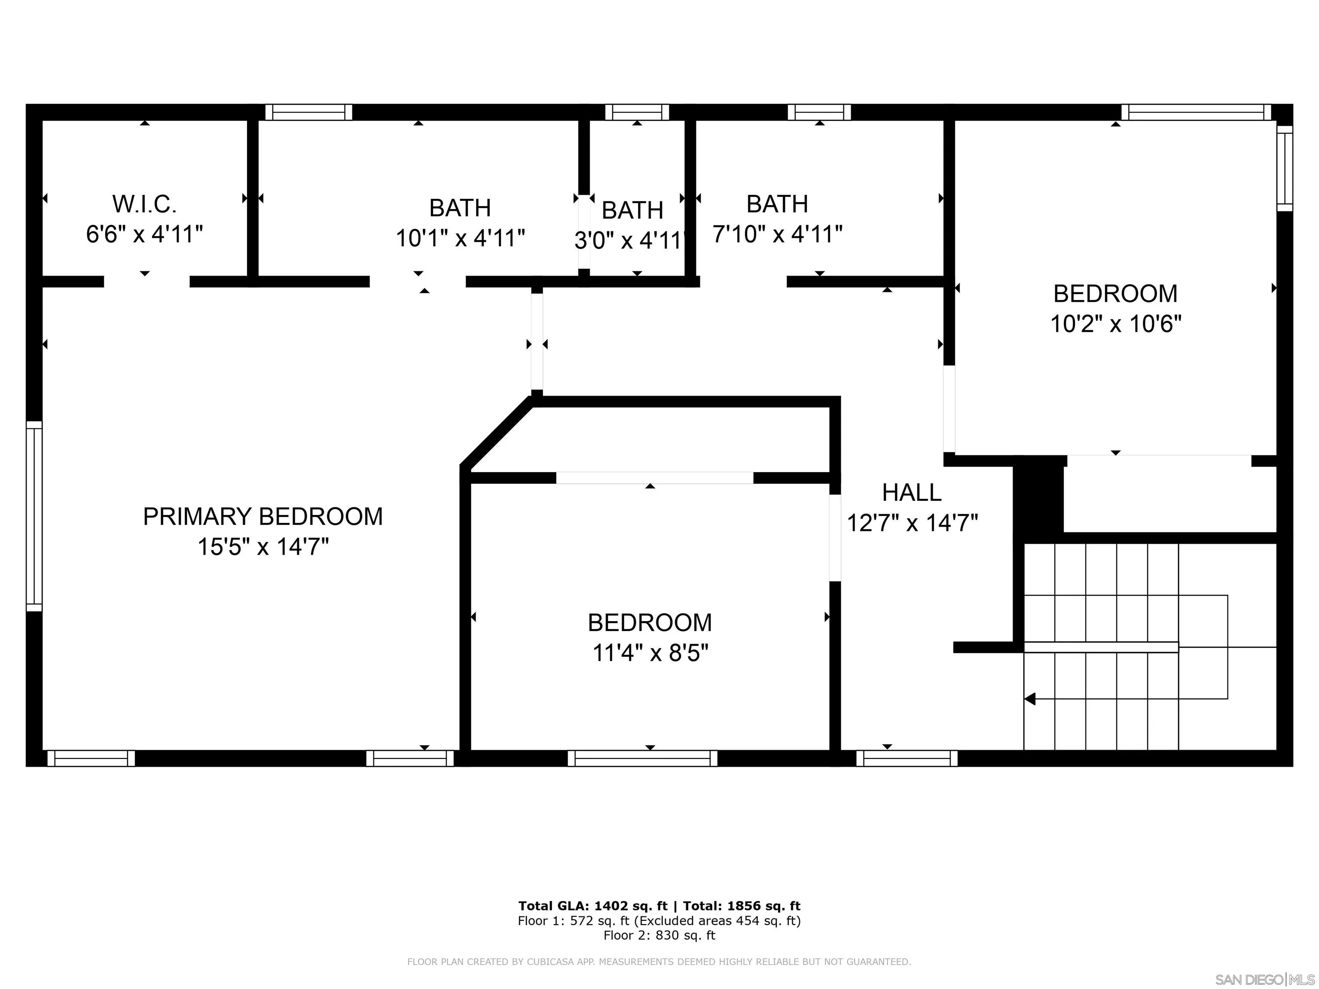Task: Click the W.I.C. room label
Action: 144,204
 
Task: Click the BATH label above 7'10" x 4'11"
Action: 777,204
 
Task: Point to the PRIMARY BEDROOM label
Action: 262,516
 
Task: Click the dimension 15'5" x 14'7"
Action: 262,547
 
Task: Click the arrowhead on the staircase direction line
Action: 1030,699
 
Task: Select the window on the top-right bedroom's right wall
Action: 1284,168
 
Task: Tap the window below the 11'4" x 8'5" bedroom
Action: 642,758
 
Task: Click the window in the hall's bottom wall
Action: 906,758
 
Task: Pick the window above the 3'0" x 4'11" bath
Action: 637,112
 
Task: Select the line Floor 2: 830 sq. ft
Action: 659,935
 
